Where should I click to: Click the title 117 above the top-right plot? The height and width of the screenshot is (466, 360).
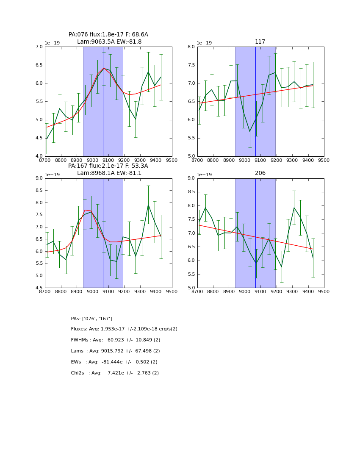(260, 42)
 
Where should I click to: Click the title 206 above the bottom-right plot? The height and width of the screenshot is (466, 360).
(260, 173)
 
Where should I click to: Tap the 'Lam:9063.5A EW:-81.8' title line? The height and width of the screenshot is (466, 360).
(109, 42)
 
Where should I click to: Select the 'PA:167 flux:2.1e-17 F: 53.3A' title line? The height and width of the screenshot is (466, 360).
(108, 166)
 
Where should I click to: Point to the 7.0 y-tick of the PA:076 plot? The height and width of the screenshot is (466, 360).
(39, 47)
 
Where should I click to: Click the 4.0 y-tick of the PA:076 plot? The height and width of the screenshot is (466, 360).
(39, 156)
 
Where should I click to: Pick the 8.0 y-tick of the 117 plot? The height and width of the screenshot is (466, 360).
(191, 47)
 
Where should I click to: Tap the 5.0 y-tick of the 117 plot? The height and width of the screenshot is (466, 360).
(191, 156)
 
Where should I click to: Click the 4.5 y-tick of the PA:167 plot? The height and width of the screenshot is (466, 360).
(39, 288)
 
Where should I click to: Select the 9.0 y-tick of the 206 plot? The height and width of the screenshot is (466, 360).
(191, 178)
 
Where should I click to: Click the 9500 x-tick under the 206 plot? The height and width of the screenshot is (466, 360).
(324, 292)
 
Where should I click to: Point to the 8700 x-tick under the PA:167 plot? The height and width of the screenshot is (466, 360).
(45, 292)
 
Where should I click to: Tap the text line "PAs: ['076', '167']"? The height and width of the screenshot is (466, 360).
(91, 319)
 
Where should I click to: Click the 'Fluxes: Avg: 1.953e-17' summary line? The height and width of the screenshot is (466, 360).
(124, 329)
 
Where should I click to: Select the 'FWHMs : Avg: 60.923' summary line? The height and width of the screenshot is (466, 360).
(116, 340)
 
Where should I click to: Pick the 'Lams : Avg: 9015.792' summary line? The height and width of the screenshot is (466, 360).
(115, 351)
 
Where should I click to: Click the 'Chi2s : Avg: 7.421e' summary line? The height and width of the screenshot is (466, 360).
(115, 373)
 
